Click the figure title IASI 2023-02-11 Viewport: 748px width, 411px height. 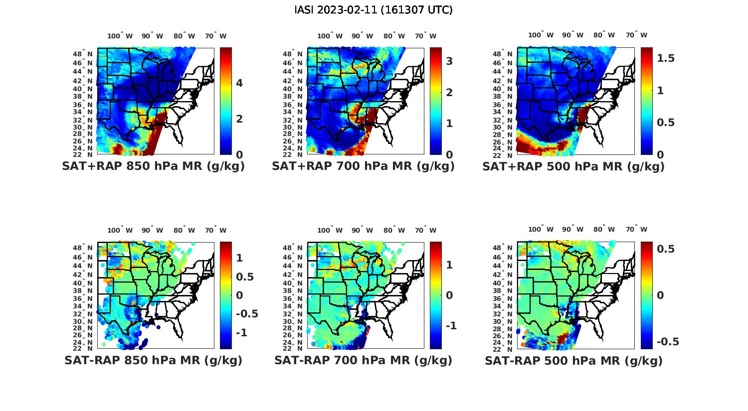(374, 10)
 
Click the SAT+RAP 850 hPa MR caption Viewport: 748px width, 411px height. (153, 166)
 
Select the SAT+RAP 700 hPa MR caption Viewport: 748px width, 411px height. (363, 166)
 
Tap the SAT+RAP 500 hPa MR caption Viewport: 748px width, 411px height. (573, 166)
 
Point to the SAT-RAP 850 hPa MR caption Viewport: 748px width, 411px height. (153, 360)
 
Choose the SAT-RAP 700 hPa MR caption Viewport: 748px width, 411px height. (363, 360)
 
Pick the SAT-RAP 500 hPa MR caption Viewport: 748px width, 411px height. (573, 360)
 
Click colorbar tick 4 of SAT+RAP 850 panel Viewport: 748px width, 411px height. (239, 83)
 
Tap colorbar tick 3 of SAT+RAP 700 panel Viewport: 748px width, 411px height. (449, 61)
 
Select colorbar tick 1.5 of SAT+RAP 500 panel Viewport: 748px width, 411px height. (666, 58)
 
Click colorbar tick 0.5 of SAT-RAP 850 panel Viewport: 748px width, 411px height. (244, 277)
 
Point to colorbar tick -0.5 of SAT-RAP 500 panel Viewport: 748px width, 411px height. (668, 342)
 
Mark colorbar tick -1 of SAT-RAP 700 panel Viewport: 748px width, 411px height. (451, 326)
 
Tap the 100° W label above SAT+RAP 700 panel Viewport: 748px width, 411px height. (330, 36)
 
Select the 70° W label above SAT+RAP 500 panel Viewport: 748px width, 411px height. (636, 35)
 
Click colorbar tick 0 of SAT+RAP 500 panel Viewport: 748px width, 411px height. (660, 154)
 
